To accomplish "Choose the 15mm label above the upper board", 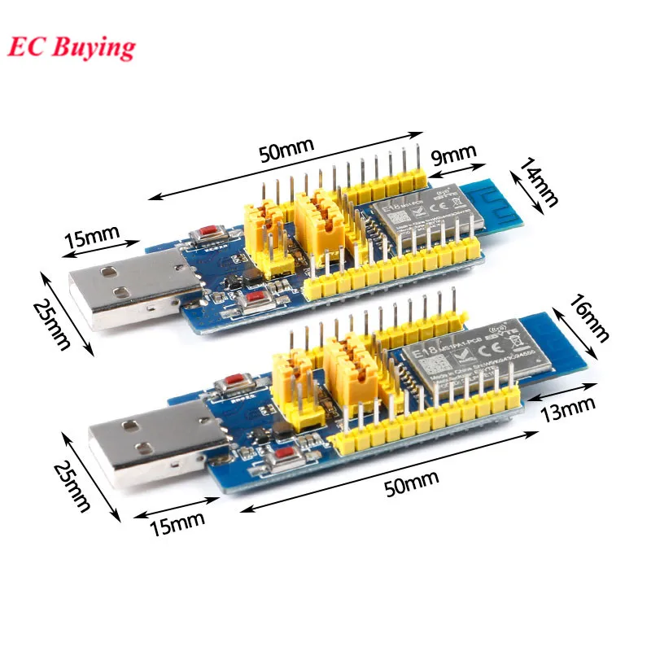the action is point(91,238).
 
